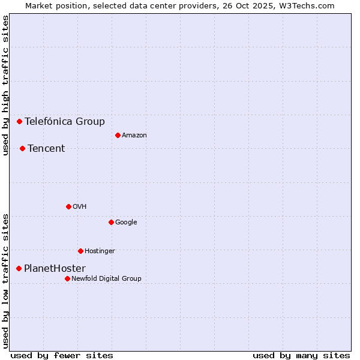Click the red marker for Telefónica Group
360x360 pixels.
pyautogui.click(x=19, y=121)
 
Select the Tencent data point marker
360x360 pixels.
pyautogui.click(x=22, y=148)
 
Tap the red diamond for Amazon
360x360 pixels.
pyautogui.click(x=118, y=135)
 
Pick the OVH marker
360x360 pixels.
pyautogui.click(x=68, y=206)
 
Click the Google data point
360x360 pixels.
pyautogui.click(x=111, y=222)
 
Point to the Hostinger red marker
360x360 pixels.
pyautogui.click(x=80, y=251)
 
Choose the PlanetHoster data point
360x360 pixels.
pyautogui.click(x=19, y=268)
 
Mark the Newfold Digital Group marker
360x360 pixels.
pyautogui.click(x=67, y=278)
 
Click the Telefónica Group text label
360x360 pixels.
pyautogui.click(x=65, y=121)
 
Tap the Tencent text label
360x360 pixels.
pyautogui.click(x=46, y=148)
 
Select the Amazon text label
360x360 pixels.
pyautogui.click(x=134, y=135)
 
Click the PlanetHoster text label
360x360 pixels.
pyautogui.click(x=55, y=268)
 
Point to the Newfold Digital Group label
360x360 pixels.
pyautogui.click(x=106, y=278)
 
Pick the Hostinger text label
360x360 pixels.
pyautogui.click(x=100, y=251)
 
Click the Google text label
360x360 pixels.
pyautogui.click(x=126, y=222)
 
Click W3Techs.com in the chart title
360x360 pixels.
pyautogui.click(x=309, y=5)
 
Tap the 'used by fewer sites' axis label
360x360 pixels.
pyautogui.click(x=62, y=355)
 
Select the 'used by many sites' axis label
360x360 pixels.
pyautogui.click(x=301, y=355)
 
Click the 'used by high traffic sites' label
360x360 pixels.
pyautogui.click(x=5, y=85)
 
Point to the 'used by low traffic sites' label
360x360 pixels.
pyautogui.click(x=5, y=281)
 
